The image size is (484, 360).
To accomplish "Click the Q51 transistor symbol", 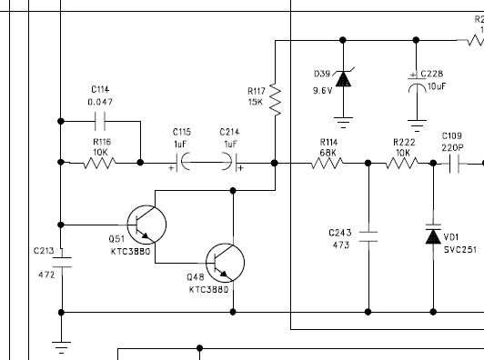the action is point(146,225).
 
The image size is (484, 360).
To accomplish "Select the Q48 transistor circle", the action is point(225,263).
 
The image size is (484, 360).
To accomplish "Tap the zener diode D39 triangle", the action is point(343,79).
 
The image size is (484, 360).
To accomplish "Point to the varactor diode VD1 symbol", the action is point(433,235).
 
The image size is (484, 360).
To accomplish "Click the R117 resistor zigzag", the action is point(275,100).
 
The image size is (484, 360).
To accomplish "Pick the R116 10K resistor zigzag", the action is point(100,163).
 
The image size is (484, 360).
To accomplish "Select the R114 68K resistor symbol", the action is point(328,163).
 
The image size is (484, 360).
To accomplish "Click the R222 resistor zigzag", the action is point(402,163).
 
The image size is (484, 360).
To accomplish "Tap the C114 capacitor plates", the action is point(100,121).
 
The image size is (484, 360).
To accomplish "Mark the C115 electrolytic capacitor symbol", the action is point(182,162).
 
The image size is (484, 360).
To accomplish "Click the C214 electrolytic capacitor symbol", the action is point(232,162).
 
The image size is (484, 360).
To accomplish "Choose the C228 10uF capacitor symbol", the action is point(417,82).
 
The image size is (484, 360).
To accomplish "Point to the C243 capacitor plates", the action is point(368,236).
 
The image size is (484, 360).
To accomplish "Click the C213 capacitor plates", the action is point(62,262).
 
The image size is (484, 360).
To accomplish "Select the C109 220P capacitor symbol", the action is point(454,164).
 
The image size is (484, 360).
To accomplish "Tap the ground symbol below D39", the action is point(343,122).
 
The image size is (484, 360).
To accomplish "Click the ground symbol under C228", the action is point(417,125).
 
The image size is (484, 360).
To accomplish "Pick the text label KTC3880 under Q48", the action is point(208,290).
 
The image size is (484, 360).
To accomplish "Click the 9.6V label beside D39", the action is point(323,91).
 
